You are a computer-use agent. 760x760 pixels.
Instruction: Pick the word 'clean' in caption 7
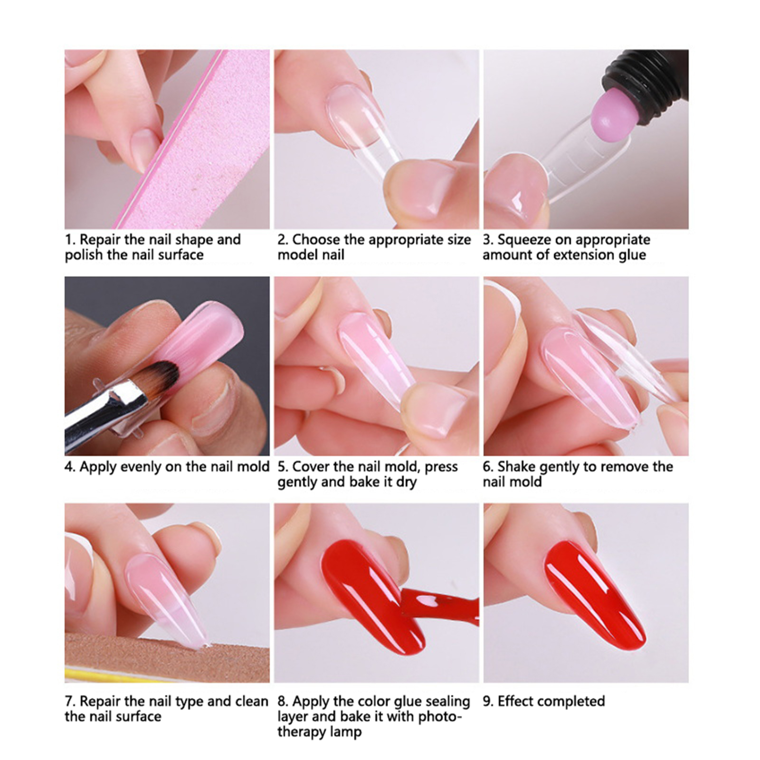(x=251, y=701)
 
